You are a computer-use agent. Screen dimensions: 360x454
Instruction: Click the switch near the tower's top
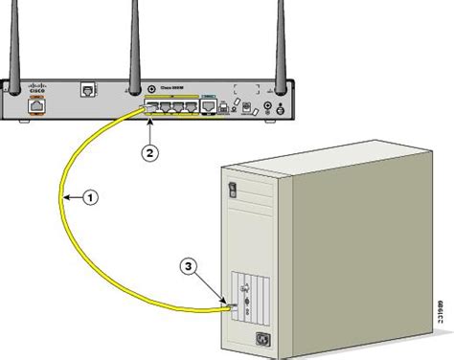(x=230, y=190)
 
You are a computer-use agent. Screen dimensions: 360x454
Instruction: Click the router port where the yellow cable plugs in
(x=152, y=107)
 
